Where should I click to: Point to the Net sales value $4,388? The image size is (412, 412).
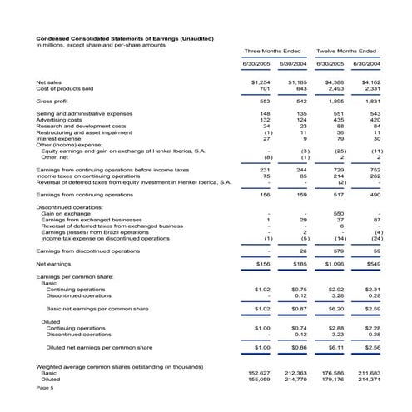click(x=334, y=82)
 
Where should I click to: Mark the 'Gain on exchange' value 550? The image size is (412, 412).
click(x=339, y=213)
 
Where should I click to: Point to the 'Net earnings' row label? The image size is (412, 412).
click(x=54, y=262)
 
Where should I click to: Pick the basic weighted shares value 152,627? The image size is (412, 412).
click(x=261, y=373)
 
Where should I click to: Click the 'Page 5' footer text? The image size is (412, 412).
click(x=45, y=388)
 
